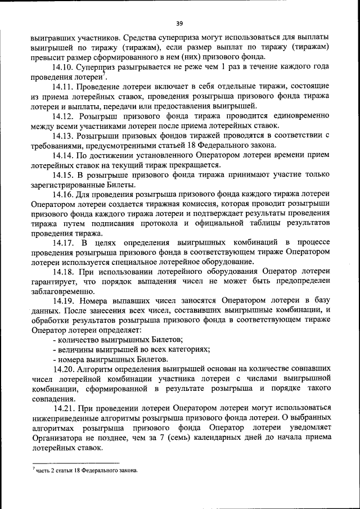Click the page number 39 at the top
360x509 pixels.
point(179,23)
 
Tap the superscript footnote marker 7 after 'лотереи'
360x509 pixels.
point(103,74)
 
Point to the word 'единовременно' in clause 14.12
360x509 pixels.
point(299,116)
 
